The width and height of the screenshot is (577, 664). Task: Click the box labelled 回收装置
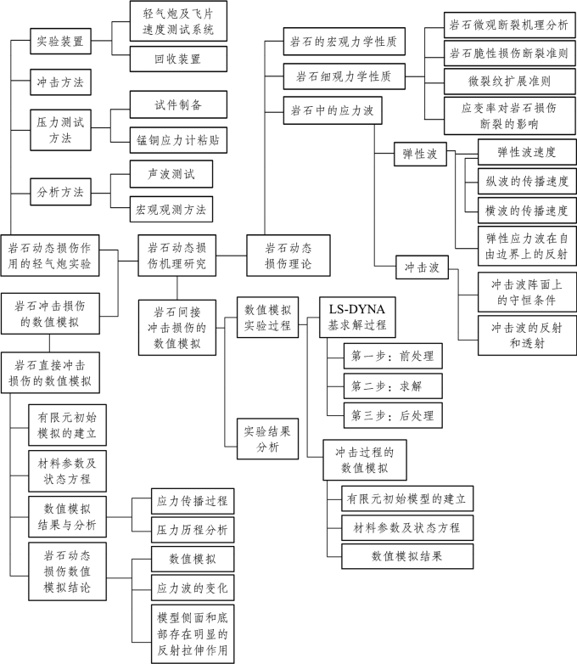(179, 59)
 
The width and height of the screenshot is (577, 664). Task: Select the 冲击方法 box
(59, 82)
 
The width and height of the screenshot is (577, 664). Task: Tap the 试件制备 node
(179, 104)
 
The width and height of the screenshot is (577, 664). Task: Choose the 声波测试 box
(170, 173)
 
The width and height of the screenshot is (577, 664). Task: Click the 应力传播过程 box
(192, 501)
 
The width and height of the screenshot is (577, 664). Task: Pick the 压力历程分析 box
(192, 530)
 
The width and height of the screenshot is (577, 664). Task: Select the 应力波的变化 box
(192, 587)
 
